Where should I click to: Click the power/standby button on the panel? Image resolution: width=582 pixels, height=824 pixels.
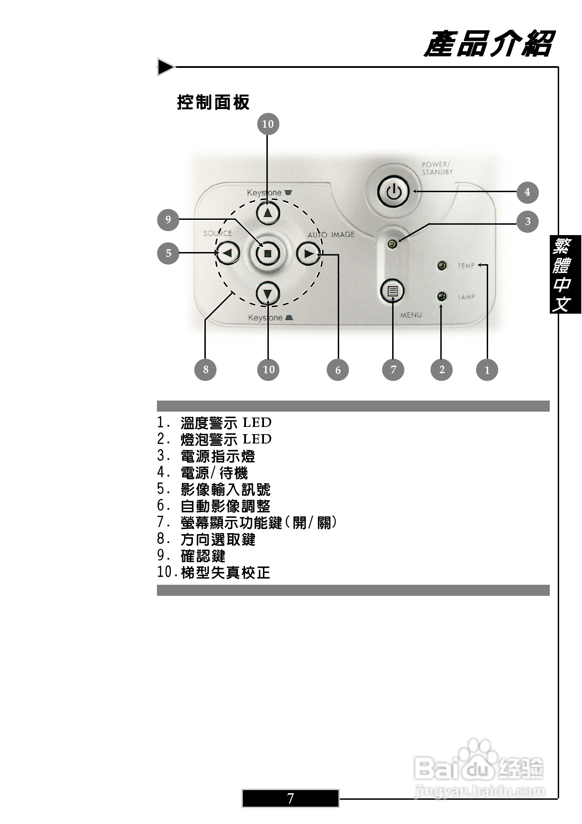[393, 192]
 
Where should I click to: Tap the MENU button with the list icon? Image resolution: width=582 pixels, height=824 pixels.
[393, 291]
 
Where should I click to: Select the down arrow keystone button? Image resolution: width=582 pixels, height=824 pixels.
[268, 294]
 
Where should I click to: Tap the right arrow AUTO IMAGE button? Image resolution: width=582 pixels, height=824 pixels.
[308, 254]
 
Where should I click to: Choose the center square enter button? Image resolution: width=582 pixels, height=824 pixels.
[267, 254]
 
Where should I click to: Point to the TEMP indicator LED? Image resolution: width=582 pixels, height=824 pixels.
[442, 266]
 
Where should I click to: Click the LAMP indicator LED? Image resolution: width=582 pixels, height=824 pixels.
[442, 296]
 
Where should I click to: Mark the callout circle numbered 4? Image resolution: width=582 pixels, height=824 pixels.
[527, 192]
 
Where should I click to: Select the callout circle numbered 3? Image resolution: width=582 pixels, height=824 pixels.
[527, 222]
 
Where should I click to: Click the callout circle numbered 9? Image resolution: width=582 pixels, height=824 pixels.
[168, 220]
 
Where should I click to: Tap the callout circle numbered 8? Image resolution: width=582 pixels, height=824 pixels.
[205, 370]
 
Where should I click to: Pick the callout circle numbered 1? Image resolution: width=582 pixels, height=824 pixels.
[486, 370]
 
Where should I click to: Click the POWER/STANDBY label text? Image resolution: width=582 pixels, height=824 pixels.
[436, 168]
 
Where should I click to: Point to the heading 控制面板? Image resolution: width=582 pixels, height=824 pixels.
[213, 102]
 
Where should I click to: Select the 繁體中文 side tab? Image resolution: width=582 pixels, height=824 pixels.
[565, 274]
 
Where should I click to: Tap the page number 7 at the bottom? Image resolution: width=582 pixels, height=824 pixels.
[290, 798]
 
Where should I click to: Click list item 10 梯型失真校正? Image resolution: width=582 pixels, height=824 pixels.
[214, 572]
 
